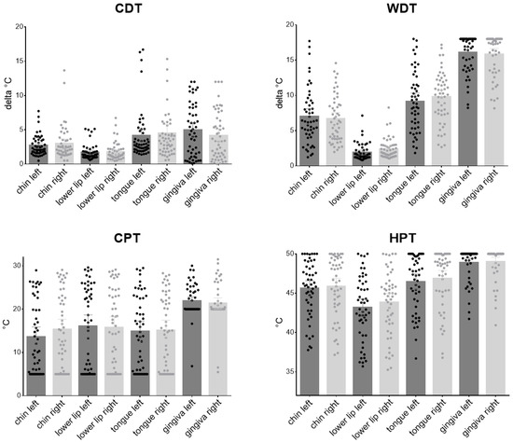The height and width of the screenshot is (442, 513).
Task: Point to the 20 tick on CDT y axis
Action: (19, 26)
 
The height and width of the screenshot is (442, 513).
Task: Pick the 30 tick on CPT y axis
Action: (19, 266)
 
